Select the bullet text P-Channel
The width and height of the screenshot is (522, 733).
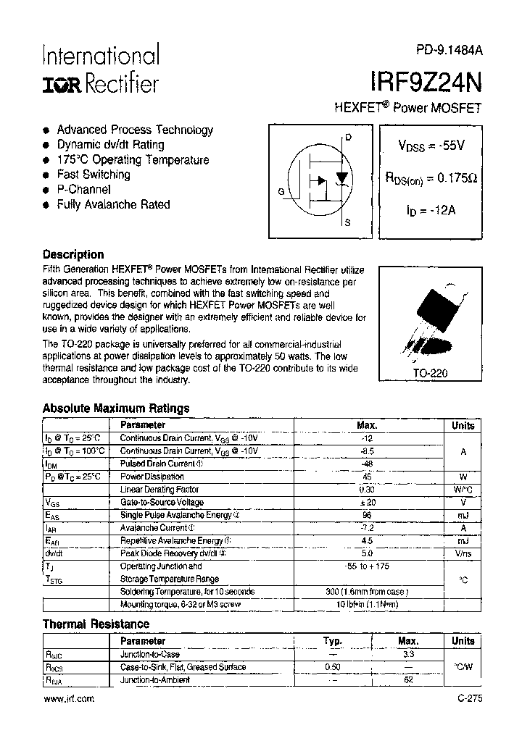pyautogui.click(x=83, y=189)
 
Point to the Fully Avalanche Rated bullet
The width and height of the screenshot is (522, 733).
pyautogui.click(x=113, y=204)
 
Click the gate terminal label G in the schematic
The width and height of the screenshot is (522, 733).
pyautogui.click(x=281, y=191)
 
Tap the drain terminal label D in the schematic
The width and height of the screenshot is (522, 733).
pyautogui.click(x=348, y=137)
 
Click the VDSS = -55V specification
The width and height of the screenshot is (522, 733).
pyautogui.click(x=431, y=145)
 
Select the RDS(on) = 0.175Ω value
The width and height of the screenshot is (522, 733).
pyautogui.click(x=431, y=177)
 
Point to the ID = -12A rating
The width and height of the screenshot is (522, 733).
pyautogui.click(x=431, y=210)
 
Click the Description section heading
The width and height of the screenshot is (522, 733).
pyautogui.click(x=73, y=254)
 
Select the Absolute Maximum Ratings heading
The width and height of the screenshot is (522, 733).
pyautogui.click(x=116, y=408)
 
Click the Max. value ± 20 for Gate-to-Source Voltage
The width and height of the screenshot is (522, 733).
pyautogui.click(x=368, y=502)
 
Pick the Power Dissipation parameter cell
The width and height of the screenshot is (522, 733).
pyautogui.click(x=152, y=477)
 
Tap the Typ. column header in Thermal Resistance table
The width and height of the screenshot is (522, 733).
pyautogui.click(x=333, y=641)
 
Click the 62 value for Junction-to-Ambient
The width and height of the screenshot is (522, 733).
pyautogui.click(x=408, y=679)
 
